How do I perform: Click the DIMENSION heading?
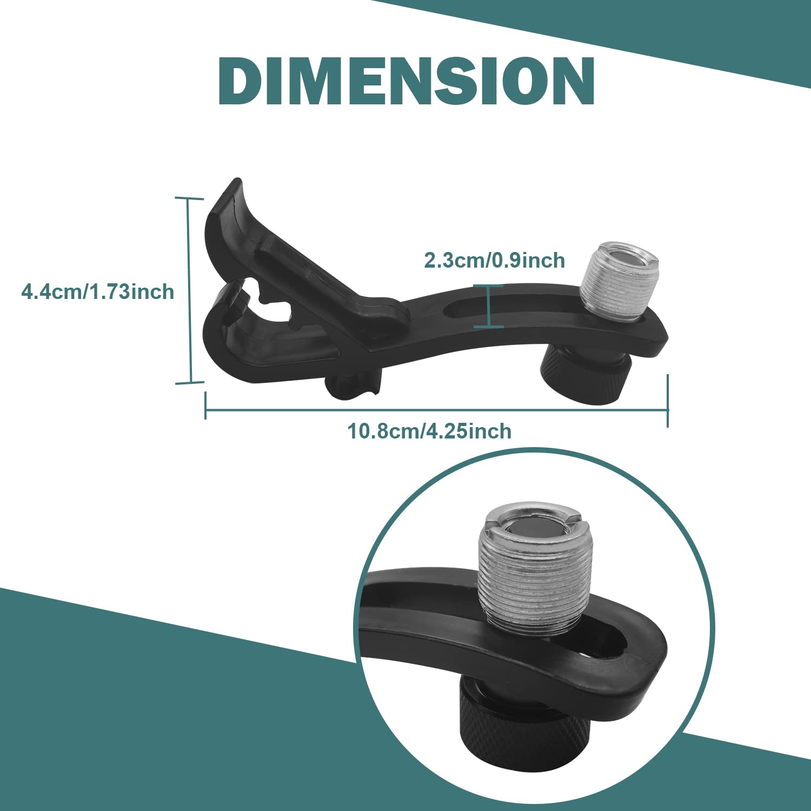(406, 81)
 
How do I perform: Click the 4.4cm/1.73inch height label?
(97, 292)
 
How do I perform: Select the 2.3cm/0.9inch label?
(494, 260)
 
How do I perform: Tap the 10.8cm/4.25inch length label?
(429, 431)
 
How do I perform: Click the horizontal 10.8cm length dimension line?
(436, 410)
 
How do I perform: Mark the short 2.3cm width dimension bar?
(489, 306)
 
